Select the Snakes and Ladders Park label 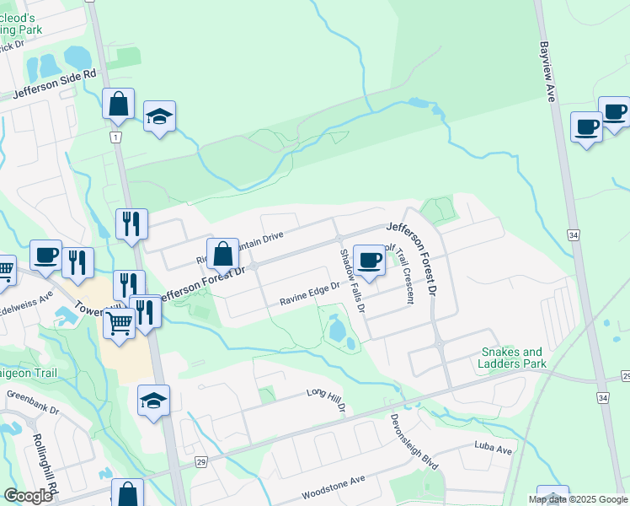pyautogui.click(x=513, y=358)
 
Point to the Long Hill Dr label pyautogui.click(x=327, y=399)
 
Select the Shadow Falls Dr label pyautogui.click(x=351, y=281)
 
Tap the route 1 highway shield pyautogui.click(x=115, y=137)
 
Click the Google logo pyautogui.click(x=28, y=496)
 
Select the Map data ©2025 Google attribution pyautogui.click(x=578, y=498)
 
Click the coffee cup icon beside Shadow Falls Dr pyautogui.click(x=368, y=260)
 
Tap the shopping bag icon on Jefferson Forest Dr pyautogui.click(x=223, y=253)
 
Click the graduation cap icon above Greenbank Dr pyautogui.click(x=154, y=400)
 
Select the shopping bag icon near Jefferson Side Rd pyautogui.click(x=119, y=104)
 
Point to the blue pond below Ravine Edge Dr pyautogui.click(x=339, y=331)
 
